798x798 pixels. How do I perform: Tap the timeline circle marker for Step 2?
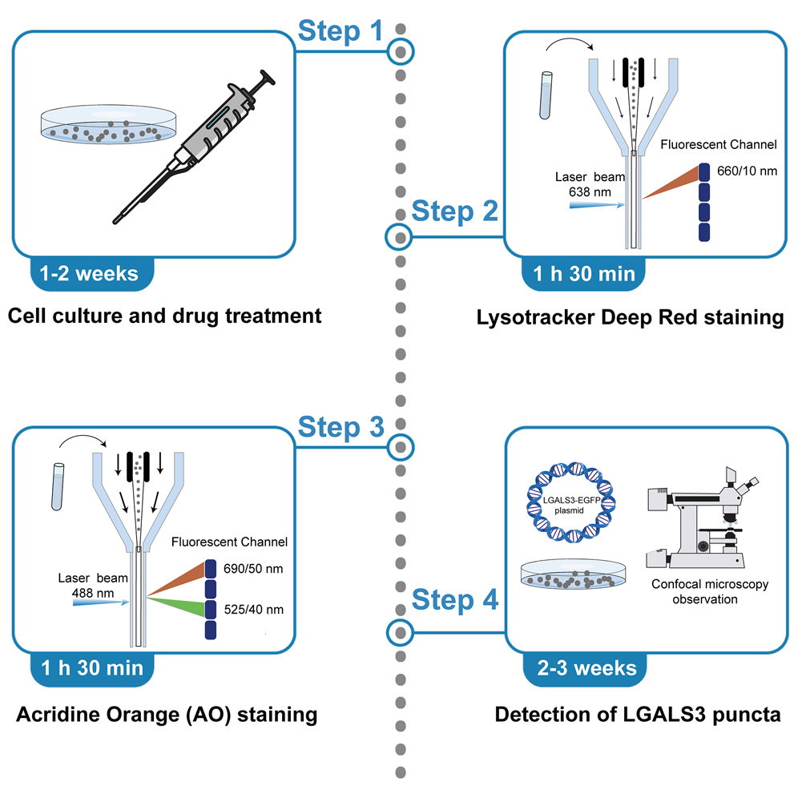[x=398, y=236]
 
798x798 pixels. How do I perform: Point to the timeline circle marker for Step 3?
[x=398, y=446]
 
